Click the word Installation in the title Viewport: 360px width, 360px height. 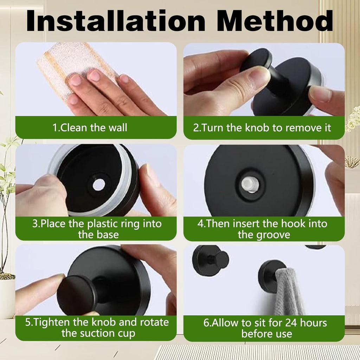coord(115,21)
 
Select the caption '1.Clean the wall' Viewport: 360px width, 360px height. coord(90,127)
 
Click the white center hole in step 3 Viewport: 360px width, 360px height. coord(99,185)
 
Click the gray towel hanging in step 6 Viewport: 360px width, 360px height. coord(289,291)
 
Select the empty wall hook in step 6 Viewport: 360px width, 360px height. coord(211,260)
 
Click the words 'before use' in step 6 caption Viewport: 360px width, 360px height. coord(267,334)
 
